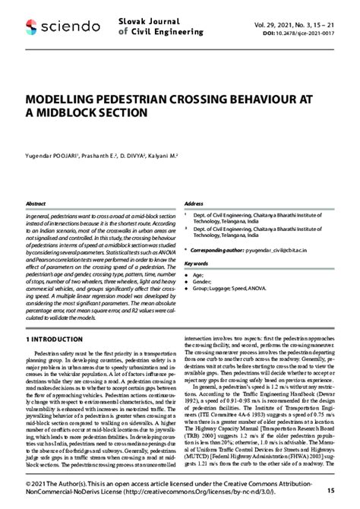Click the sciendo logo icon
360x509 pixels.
point(31,27)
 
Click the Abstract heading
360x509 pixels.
point(36,204)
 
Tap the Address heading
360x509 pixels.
point(194,204)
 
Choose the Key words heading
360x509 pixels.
point(197,264)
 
